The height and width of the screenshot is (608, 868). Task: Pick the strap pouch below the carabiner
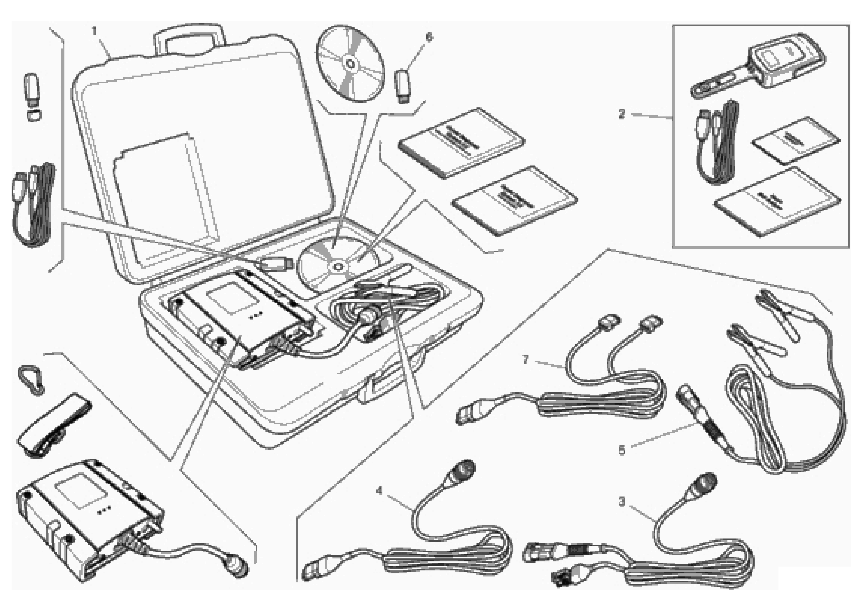tap(53, 426)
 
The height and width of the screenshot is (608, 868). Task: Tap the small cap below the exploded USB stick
tap(34, 115)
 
